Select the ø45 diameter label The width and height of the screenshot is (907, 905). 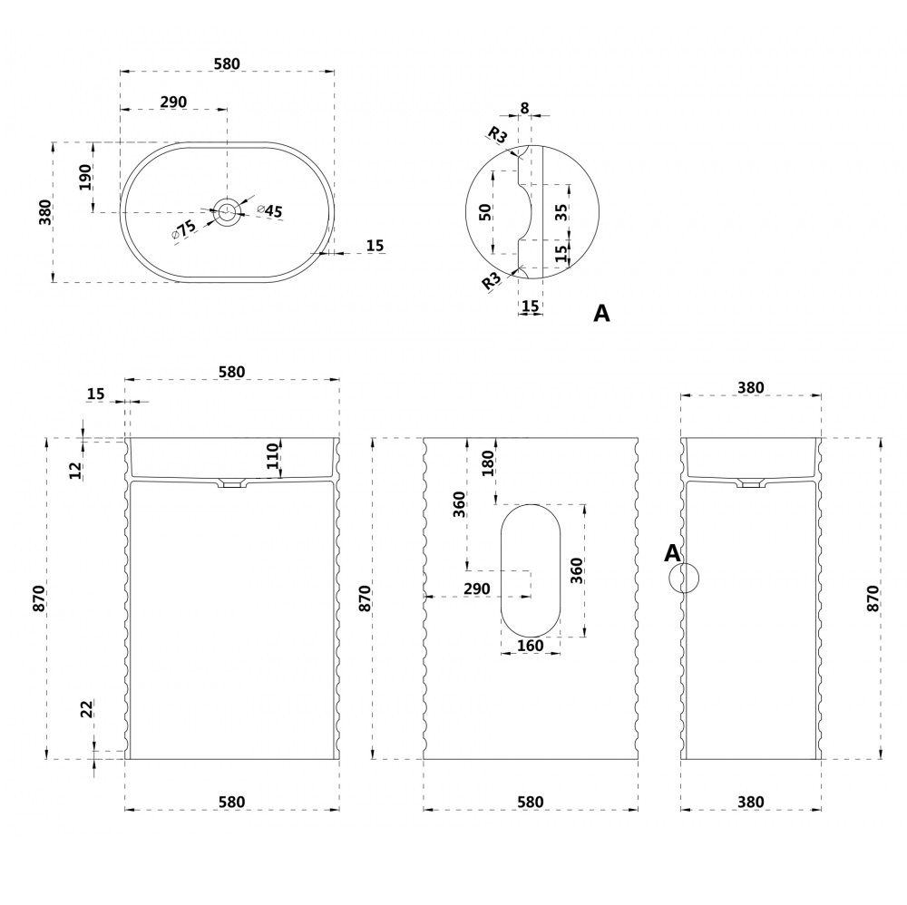click(270, 211)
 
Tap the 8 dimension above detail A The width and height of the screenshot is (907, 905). click(524, 108)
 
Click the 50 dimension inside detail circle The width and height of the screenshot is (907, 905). click(486, 211)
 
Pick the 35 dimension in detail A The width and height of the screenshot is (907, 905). click(561, 212)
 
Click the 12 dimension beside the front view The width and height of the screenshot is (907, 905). click(76, 469)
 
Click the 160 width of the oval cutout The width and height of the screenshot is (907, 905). click(530, 646)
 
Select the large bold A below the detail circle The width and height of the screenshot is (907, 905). click(601, 314)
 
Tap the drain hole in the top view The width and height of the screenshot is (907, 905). click(227, 212)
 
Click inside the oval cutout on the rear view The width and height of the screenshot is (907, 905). click(530, 569)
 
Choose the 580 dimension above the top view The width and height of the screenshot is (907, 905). click(226, 63)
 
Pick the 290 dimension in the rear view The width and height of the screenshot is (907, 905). click(476, 589)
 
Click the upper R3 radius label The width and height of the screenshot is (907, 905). click(497, 136)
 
